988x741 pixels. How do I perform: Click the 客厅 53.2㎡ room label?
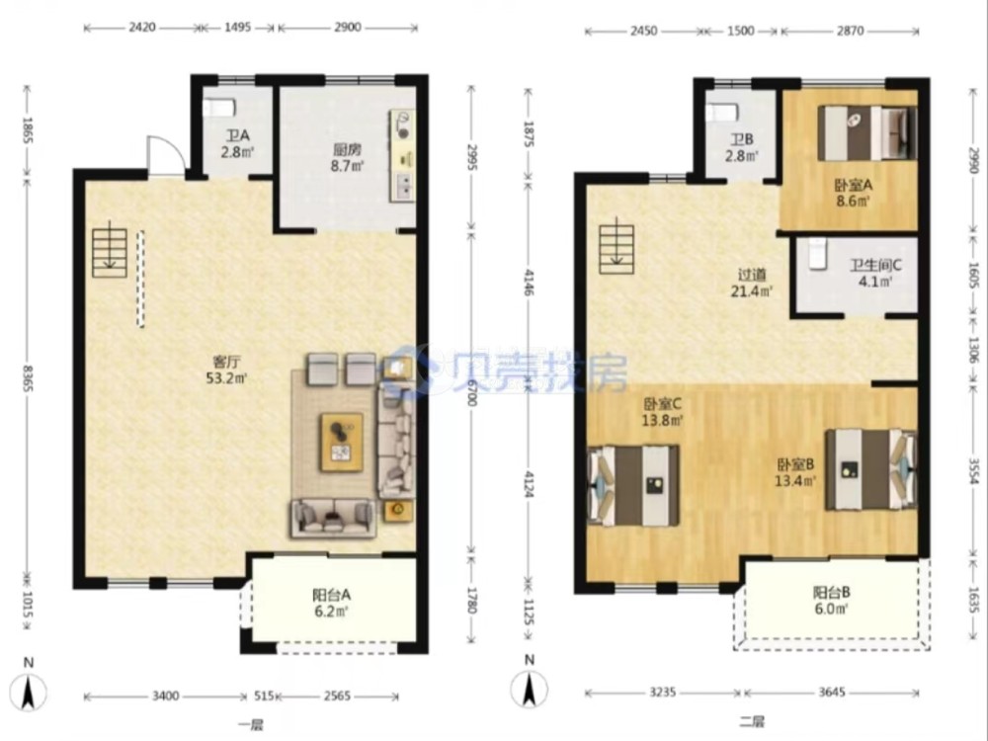coord(226,370)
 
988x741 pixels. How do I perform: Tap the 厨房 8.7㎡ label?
coord(347,158)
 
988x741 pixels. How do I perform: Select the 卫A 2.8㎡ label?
coord(237,143)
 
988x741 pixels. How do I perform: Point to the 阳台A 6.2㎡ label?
coord(331,603)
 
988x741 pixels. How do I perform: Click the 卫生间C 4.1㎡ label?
coord(875,274)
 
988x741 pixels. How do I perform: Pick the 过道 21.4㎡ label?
coord(753,283)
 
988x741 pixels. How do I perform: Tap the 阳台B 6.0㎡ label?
coord(832,601)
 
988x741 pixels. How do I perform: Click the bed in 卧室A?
coord(867,133)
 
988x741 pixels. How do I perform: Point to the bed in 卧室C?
coord(632,485)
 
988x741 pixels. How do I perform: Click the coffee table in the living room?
coord(342,443)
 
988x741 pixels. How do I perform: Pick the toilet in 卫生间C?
coord(817,254)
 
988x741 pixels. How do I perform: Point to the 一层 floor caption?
coord(250,724)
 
